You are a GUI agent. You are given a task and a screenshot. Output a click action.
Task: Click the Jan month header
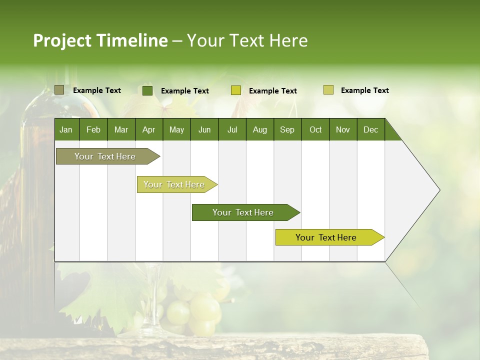(x=66, y=129)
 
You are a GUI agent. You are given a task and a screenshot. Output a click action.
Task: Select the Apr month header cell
(x=149, y=129)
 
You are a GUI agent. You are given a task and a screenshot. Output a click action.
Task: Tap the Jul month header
(x=232, y=129)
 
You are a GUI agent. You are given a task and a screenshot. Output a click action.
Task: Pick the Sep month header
(x=287, y=129)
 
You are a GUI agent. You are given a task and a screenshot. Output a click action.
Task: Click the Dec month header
(x=370, y=129)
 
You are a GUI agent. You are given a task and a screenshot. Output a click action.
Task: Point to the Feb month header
(x=93, y=129)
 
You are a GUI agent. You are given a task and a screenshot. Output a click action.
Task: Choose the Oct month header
(x=315, y=129)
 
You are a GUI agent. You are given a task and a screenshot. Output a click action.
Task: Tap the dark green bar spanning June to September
(x=243, y=212)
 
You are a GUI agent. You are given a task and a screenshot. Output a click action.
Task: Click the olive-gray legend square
(x=59, y=90)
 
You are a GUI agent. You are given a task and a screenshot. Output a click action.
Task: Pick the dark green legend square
(x=147, y=90)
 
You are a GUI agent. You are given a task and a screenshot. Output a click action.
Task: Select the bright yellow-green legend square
(x=236, y=90)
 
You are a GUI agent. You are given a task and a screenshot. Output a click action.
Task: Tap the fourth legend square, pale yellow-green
(x=328, y=90)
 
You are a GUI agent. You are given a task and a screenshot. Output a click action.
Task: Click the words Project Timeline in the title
(x=100, y=40)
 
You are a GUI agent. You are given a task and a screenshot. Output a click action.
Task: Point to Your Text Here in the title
(x=247, y=40)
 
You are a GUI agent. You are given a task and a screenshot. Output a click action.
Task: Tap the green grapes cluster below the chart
(x=195, y=312)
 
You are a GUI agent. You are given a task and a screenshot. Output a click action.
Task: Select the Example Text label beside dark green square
(x=185, y=91)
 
